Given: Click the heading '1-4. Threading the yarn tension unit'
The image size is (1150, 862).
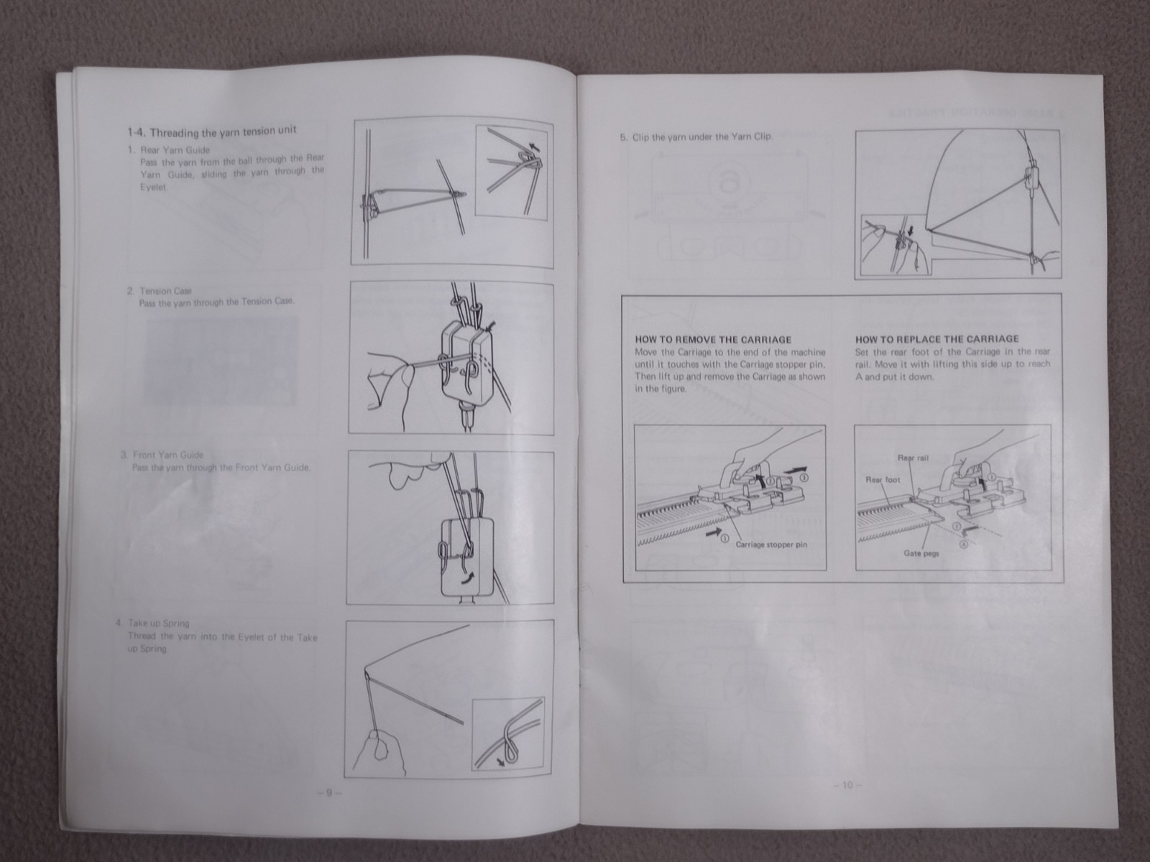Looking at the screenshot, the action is (x=211, y=131).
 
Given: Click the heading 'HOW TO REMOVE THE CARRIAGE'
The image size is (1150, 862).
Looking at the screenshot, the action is (x=713, y=340).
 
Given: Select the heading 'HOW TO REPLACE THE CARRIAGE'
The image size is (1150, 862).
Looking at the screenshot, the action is (x=937, y=339).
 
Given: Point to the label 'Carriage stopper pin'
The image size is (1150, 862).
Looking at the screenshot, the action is (x=771, y=544).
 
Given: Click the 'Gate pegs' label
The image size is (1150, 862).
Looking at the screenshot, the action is (x=921, y=554).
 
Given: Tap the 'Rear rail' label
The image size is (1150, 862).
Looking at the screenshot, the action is (x=913, y=458).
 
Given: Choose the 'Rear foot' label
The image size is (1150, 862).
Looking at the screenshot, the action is (x=883, y=480).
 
